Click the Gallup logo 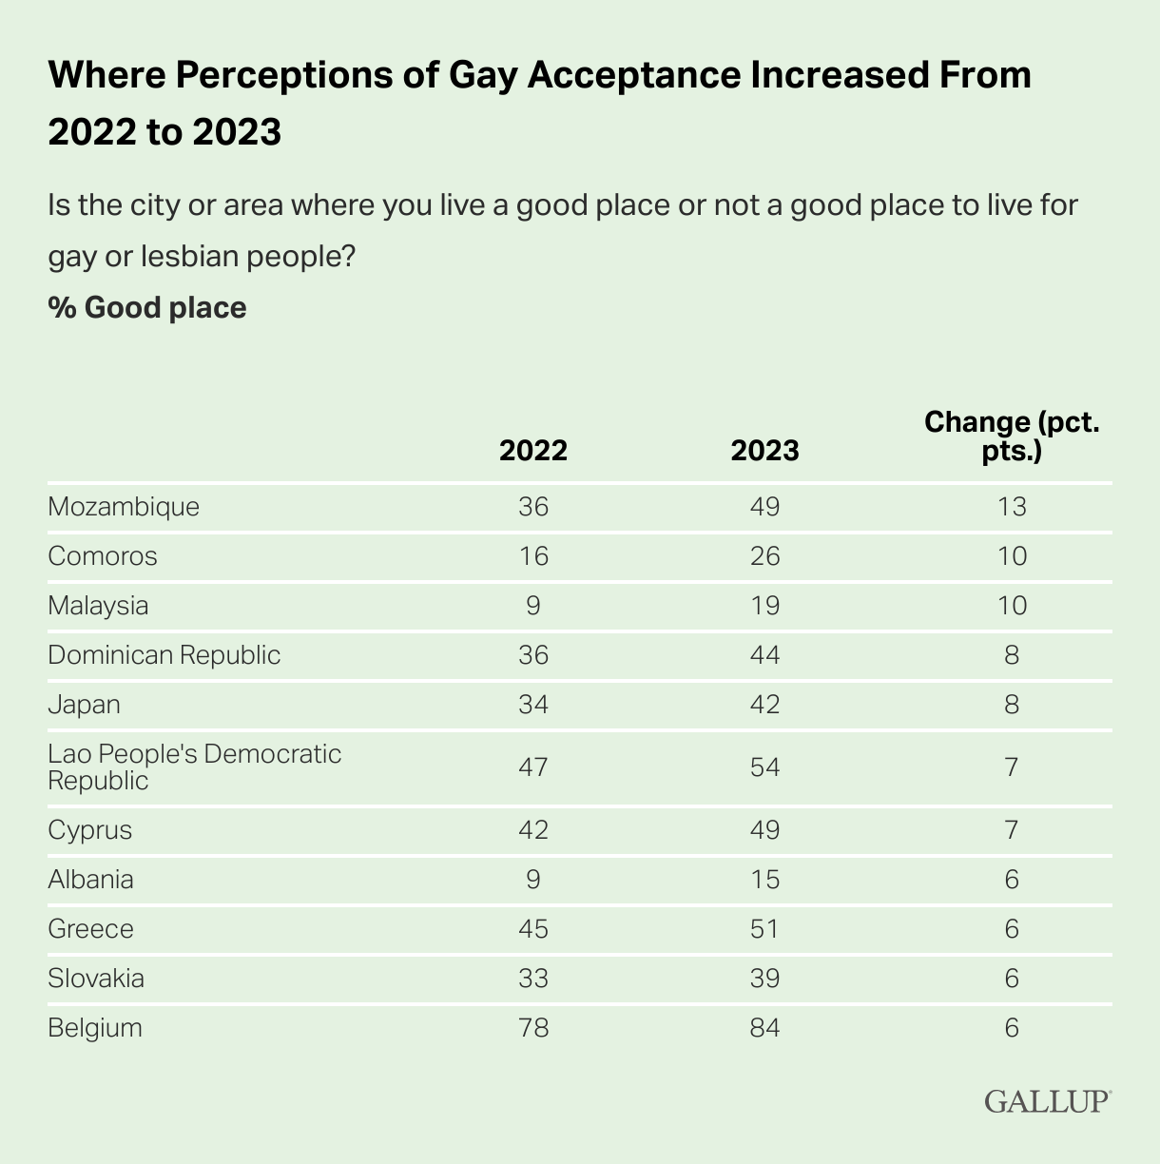click(1047, 1100)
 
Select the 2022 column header click(533, 450)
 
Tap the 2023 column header click(764, 450)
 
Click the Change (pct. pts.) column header click(1012, 436)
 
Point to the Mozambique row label click(124, 506)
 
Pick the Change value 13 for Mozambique click(1012, 506)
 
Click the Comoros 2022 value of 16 click(533, 555)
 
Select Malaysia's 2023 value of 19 click(764, 605)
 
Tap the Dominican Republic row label click(164, 654)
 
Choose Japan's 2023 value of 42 click(764, 704)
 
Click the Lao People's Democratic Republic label click(194, 766)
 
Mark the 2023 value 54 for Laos click(764, 766)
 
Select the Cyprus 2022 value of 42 click(533, 829)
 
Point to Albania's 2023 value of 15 click(764, 879)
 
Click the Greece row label click(90, 928)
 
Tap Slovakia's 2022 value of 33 click(533, 978)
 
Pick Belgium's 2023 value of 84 click(764, 1027)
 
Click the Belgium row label click(95, 1027)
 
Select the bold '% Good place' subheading click(147, 307)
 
